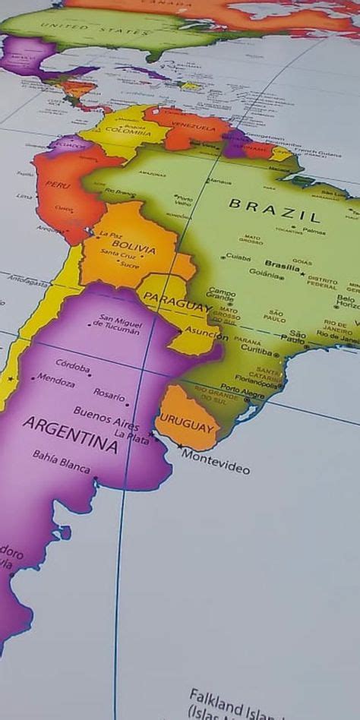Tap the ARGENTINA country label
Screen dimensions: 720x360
70,434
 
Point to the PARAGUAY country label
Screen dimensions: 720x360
176,305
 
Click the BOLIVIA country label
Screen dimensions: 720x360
134,248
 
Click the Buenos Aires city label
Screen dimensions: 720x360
106,417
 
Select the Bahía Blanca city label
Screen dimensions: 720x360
61,460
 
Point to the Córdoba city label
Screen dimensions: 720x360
73,365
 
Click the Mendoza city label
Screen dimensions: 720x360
56,379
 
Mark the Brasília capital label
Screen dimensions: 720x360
282,266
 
